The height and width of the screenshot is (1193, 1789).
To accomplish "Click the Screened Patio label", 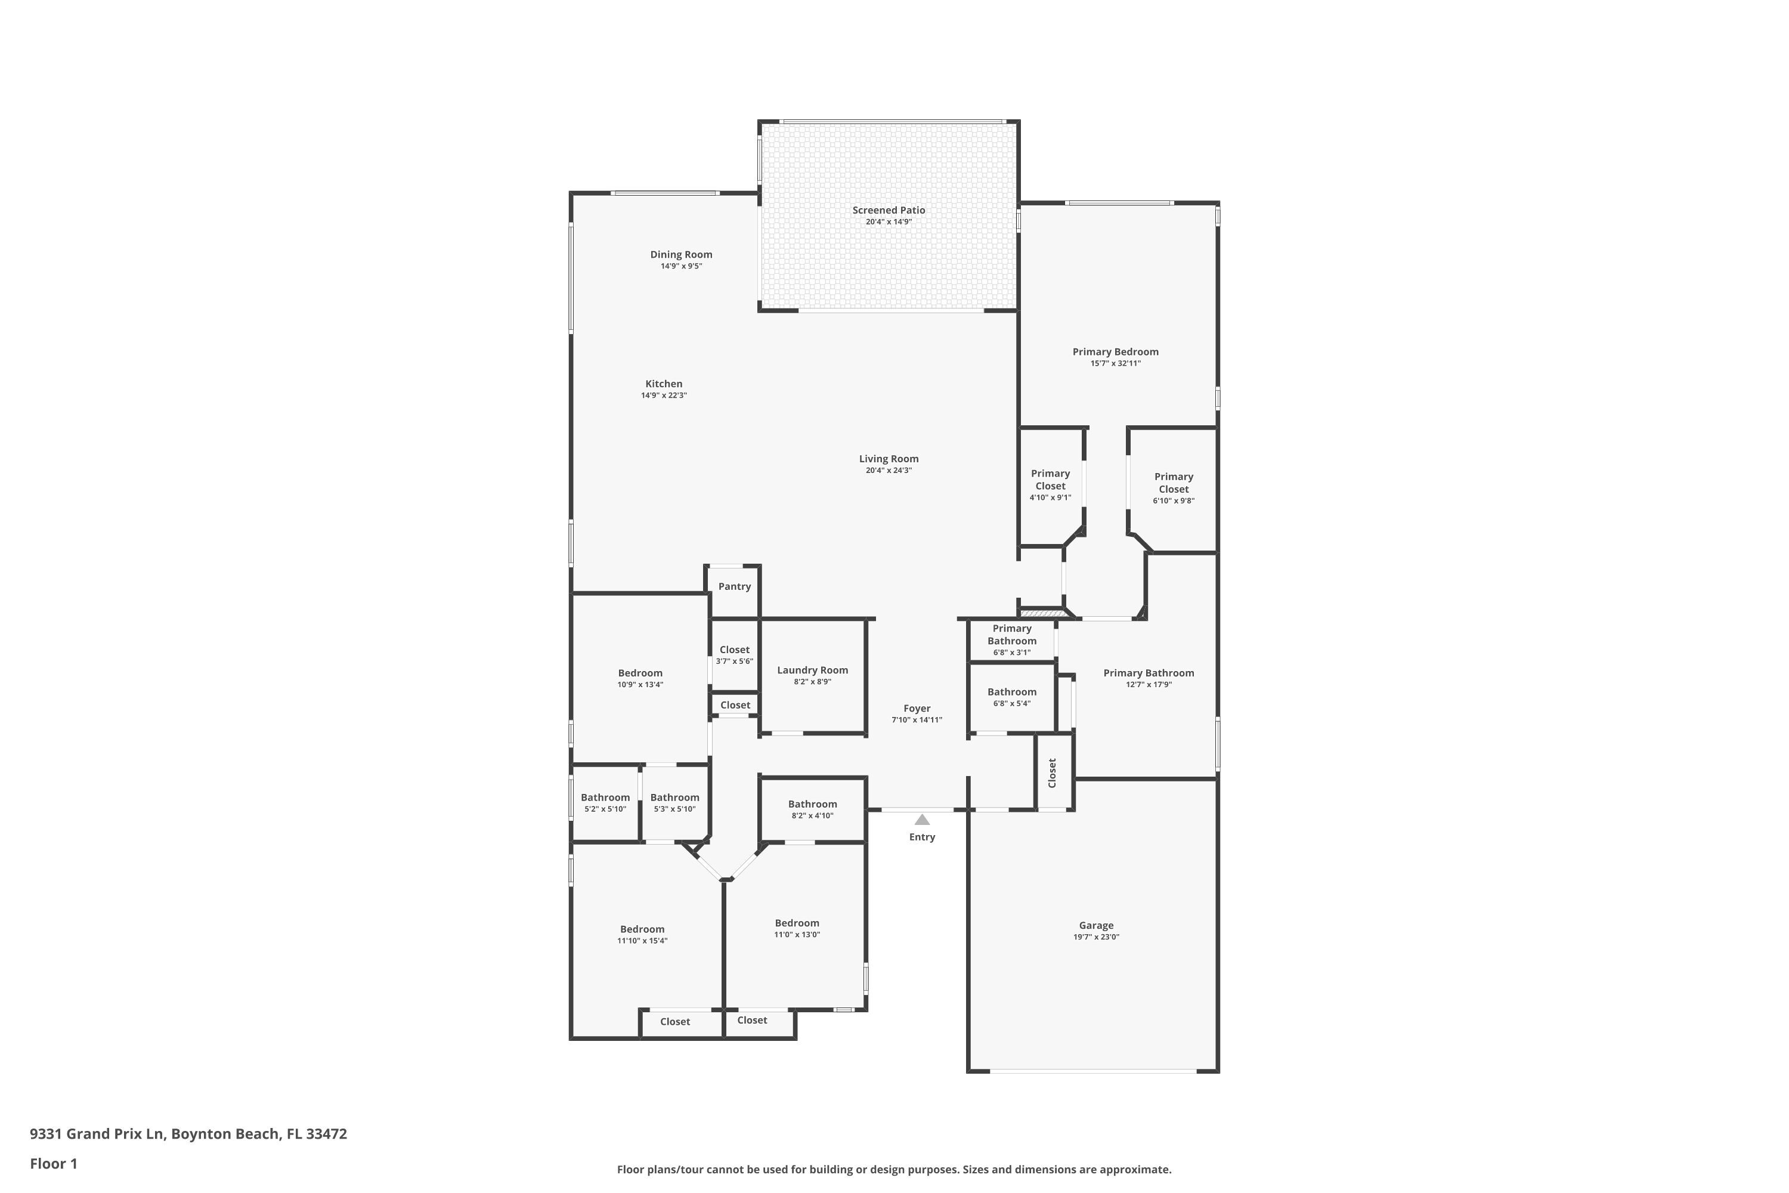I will click(x=889, y=211).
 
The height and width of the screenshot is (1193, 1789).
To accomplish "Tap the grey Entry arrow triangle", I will click(x=922, y=820).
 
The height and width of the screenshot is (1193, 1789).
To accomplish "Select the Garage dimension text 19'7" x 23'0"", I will click(x=1096, y=937).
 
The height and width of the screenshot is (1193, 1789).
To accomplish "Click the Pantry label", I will click(x=734, y=586).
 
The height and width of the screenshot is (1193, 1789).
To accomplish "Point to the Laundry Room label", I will click(x=812, y=670).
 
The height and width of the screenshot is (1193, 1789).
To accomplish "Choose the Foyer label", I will click(x=917, y=709).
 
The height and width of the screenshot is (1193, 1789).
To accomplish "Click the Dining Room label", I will click(x=681, y=255).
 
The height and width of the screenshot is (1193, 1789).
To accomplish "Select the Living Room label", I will click(x=889, y=459).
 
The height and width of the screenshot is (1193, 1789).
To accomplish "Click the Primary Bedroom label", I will click(x=1115, y=353).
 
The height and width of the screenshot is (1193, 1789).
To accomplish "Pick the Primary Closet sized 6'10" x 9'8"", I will click(x=1173, y=488).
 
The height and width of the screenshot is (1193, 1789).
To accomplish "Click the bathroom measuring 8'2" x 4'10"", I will click(x=812, y=809).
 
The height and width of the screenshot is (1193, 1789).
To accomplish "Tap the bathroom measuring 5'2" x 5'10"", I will click(x=605, y=803).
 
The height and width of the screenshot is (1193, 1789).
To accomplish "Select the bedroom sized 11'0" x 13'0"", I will click(x=796, y=928).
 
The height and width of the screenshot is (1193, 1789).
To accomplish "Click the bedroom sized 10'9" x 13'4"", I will click(x=640, y=678).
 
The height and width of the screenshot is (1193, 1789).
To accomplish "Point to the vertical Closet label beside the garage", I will click(x=1053, y=773).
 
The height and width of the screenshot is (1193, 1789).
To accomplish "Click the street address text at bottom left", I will click(x=188, y=1134).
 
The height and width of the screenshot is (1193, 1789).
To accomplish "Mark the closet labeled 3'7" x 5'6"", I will click(x=734, y=655).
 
